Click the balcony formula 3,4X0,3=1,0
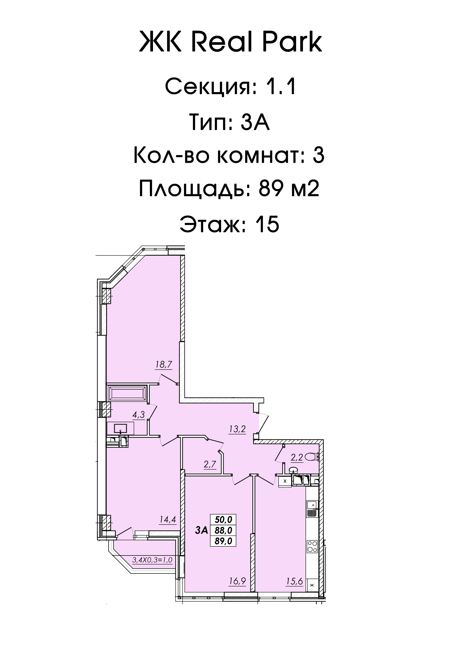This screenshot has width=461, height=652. click(x=152, y=560)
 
